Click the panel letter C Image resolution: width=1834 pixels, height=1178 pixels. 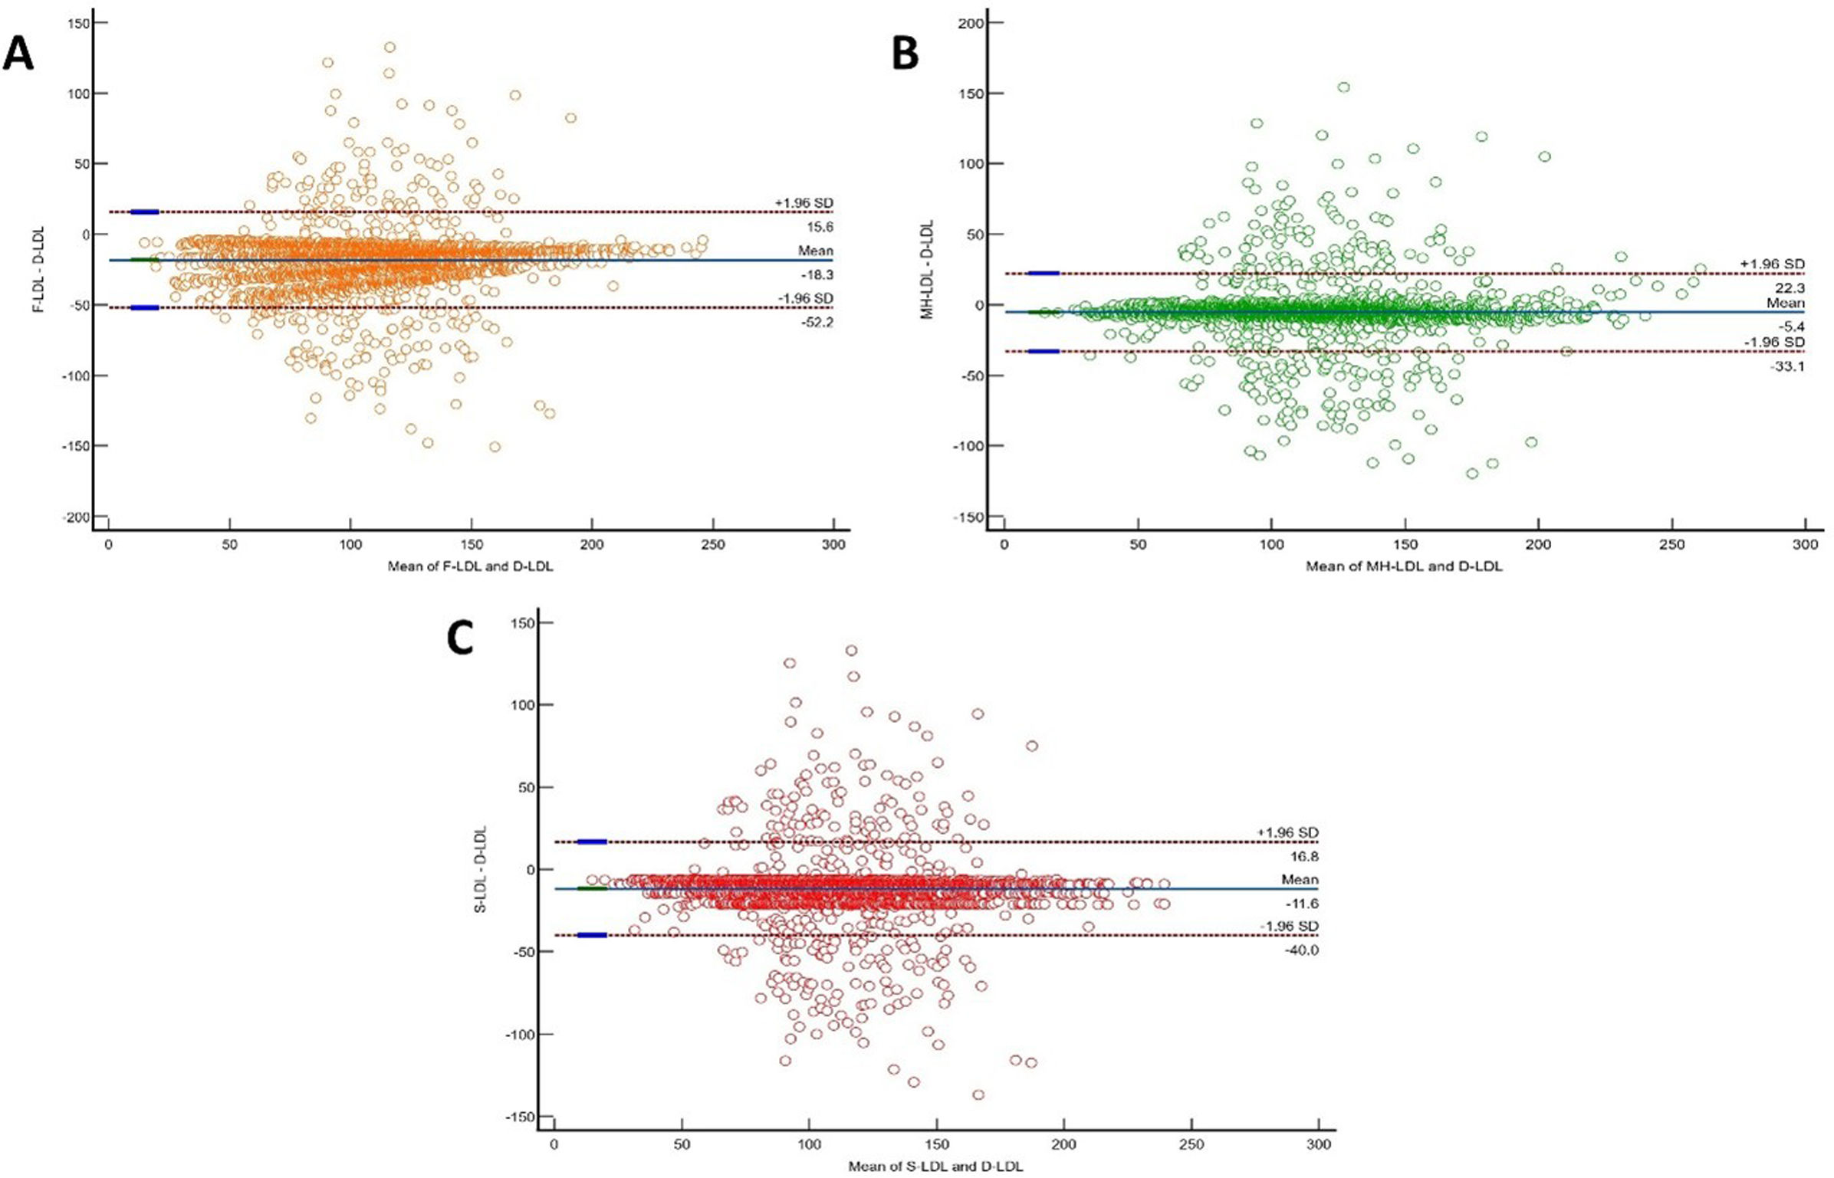coord(460,638)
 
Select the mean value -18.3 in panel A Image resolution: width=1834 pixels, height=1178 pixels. coord(817,274)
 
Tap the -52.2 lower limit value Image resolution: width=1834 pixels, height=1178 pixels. coord(817,323)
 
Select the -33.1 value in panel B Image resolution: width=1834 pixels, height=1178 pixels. coord(1787,366)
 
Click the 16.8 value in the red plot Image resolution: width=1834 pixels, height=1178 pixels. coord(1303,856)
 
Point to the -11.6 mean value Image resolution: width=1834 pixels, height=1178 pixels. coord(1302,904)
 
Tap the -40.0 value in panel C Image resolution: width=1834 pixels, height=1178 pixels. coord(1302,950)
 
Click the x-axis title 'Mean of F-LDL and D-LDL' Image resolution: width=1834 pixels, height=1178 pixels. coord(470,567)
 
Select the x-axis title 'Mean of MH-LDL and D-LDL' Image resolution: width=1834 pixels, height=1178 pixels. coord(1404,567)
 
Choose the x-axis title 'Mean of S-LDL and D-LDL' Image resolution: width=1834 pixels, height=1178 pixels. coord(935,1167)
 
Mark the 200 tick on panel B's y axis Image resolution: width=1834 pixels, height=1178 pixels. coord(971,23)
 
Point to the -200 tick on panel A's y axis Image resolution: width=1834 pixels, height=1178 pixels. coord(75,517)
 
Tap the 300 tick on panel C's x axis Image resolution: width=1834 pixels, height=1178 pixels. coord(1319,1144)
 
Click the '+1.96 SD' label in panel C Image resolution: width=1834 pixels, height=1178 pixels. coord(1288,832)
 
